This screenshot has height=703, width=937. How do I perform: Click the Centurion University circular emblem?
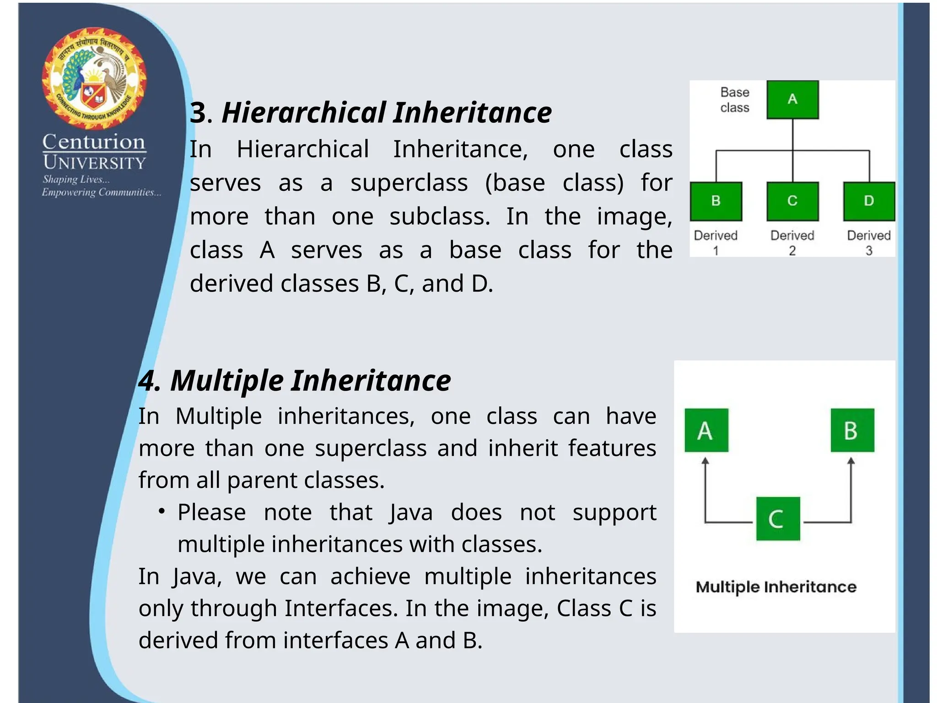click(x=94, y=78)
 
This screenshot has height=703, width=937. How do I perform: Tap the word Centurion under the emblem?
click(x=94, y=142)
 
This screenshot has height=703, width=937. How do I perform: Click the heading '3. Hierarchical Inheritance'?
click(x=371, y=113)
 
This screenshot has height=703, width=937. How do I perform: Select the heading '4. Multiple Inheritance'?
click(x=295, y=380)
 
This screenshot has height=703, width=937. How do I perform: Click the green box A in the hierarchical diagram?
click(x=792, y=99)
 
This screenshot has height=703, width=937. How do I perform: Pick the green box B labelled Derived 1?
click(x=716, y=201)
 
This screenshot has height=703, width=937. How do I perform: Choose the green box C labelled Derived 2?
click(x=792, y=201)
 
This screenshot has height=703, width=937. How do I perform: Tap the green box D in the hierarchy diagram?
click(x=869, y=201)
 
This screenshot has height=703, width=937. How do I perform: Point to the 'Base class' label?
click(x=735, y=100)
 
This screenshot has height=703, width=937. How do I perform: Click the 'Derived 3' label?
click(x=869, y=243)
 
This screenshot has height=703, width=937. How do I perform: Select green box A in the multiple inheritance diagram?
click(x=706, y=430)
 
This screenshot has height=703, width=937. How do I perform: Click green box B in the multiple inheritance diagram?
click(x=852, y=430)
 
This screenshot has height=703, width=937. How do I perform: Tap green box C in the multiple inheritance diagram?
click(x=778, y=519)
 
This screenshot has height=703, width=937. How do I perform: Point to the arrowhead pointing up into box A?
click(x=705, y=461)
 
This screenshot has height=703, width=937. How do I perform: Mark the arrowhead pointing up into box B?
click(x=851, y=461)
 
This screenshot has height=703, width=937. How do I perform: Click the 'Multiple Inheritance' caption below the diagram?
click(x=776, y=587)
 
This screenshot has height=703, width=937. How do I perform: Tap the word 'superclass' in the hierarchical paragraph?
click(x=409, y=183)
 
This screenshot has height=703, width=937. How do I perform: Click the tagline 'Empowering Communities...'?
click(x=101, y=192)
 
